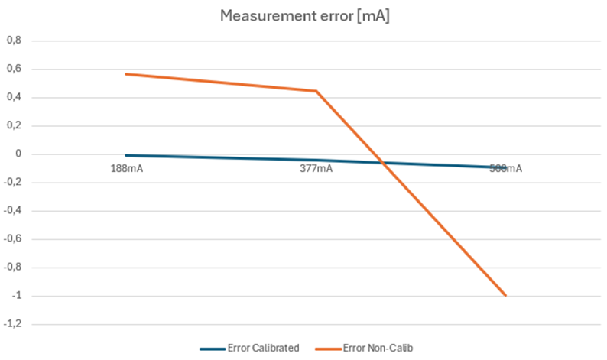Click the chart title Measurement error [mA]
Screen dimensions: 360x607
303,15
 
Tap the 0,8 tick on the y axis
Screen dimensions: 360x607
15,41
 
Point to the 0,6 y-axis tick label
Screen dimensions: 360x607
15,69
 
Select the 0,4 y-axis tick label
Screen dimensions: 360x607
15,97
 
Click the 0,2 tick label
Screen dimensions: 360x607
15,125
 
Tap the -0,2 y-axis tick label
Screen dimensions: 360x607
13,183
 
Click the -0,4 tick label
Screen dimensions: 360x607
13,211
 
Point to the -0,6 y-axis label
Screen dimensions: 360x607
13,239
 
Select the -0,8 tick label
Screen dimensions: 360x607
13,268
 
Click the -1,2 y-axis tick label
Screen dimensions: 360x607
13,324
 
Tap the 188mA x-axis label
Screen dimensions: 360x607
126,168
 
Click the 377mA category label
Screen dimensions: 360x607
316,168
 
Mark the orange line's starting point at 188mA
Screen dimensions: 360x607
126,74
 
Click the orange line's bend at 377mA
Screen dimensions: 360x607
316,91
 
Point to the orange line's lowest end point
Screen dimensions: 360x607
505,295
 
